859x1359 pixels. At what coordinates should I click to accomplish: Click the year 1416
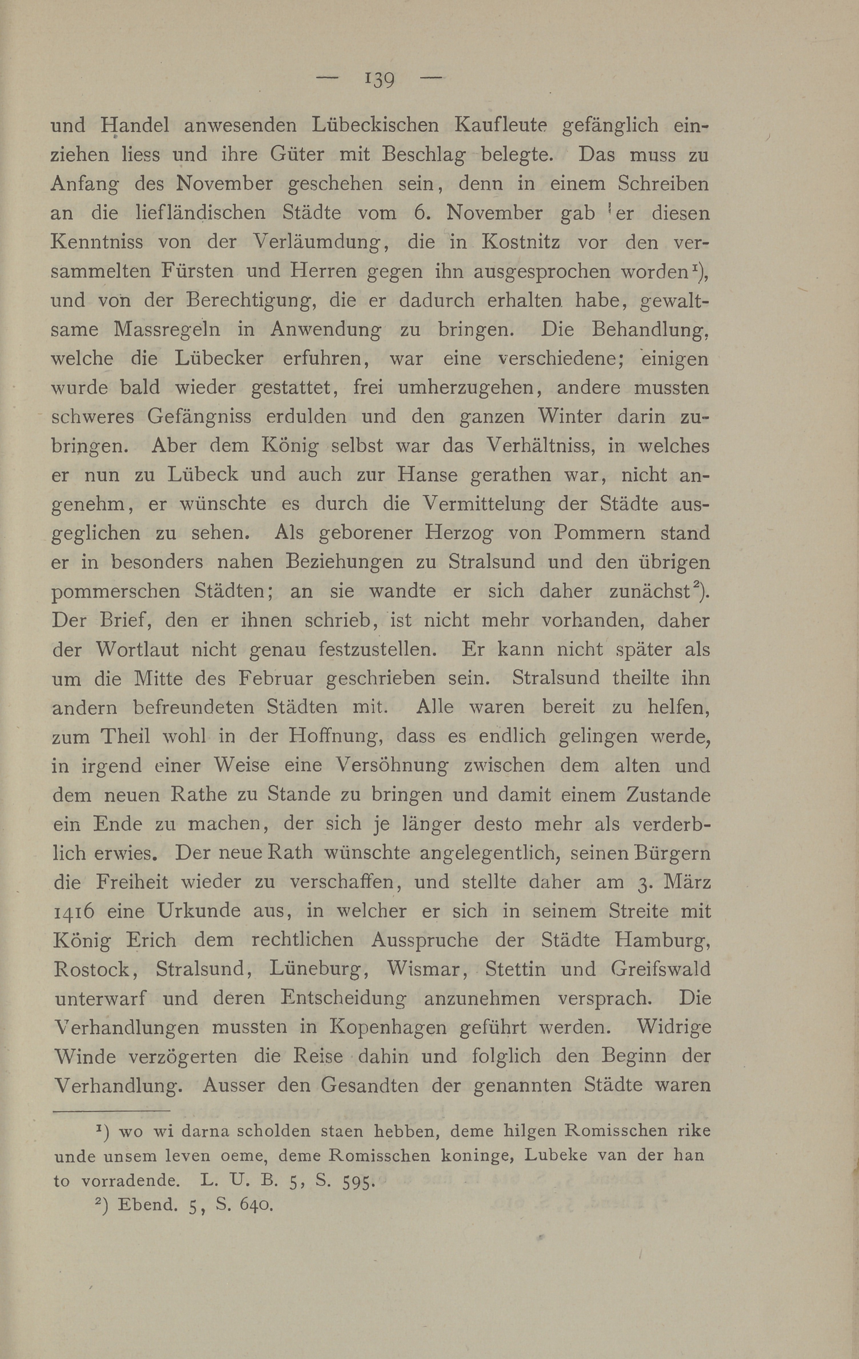pos(74,911)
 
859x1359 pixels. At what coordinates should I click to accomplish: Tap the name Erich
pos(151,940)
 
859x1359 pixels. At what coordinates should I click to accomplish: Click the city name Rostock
pos(94,969)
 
